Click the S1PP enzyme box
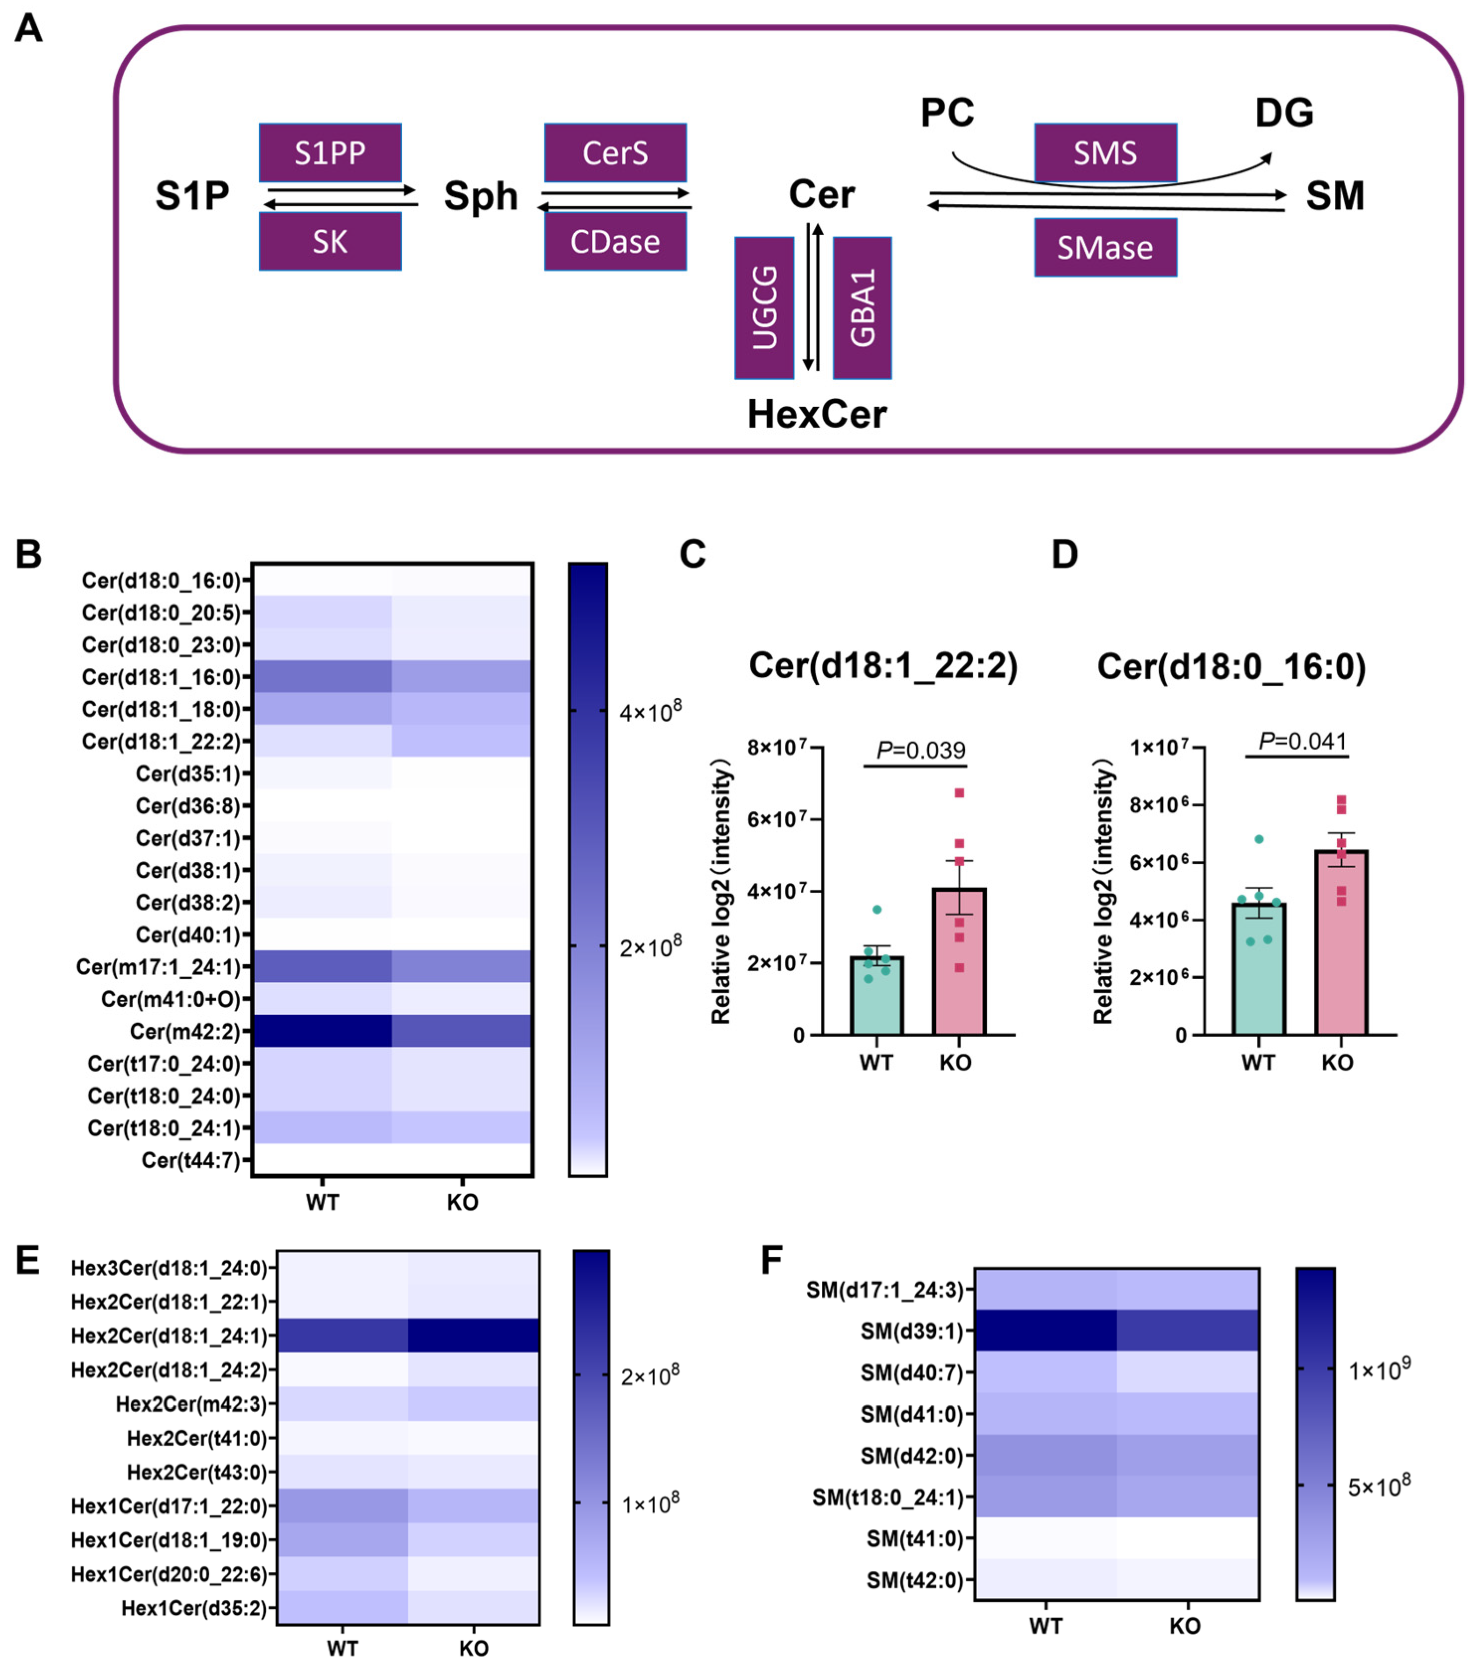pyautogui.click(x=330, y=153)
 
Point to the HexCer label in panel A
pyautogui.click(x=817, y=414)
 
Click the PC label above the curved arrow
pyautogui.click(x=948, y=113)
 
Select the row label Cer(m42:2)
pyautogui.click(x=185, y=1032)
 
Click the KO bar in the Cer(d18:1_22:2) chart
pyautogui.click(x=959, y=961)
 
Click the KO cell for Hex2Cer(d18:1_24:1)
pyautogui.click(x=473, y=1336)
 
